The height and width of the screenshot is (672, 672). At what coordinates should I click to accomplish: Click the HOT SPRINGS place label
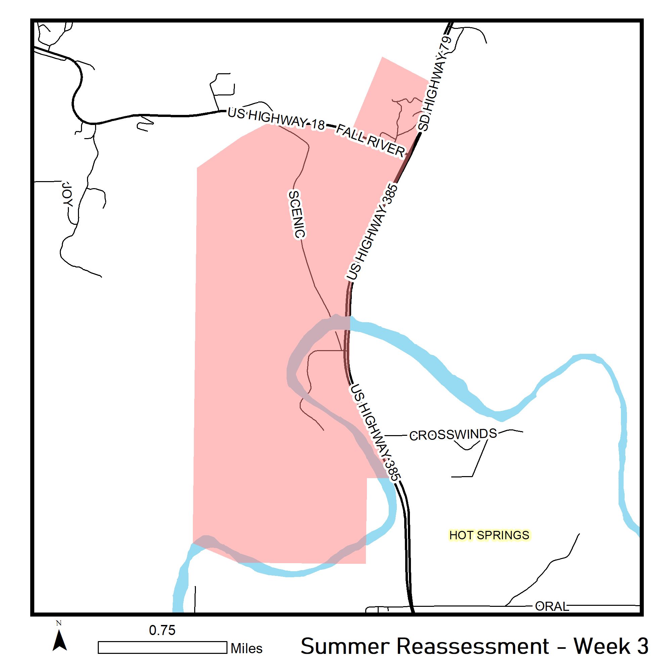[x=489, y=535]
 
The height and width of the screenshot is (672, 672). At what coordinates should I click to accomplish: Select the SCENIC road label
[x=297, y=214]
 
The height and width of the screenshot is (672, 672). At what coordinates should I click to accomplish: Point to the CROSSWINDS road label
[x=453, y=434]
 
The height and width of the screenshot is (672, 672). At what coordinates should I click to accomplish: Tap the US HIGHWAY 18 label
[x=276, y=118]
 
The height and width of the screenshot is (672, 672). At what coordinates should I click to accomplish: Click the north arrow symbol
[x=59, y=642]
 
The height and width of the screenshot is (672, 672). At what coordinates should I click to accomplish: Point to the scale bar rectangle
[x=162, y=647]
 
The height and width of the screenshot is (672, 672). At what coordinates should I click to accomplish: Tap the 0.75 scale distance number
[x=162, y=630]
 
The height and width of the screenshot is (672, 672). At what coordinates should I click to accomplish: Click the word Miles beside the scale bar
[x=247, y=648]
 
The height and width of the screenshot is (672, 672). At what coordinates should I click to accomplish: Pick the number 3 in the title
[x=643, y=646]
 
